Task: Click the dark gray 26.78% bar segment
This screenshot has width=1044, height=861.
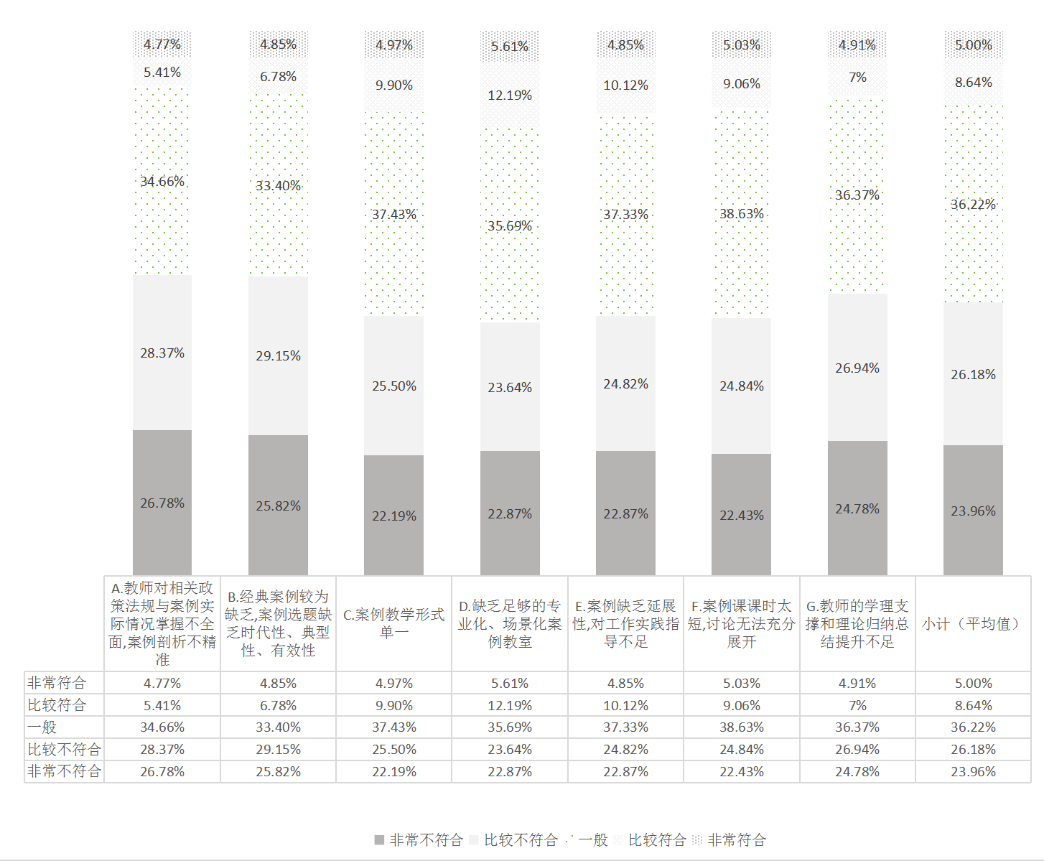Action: pyautogui.click(x=162, y=503)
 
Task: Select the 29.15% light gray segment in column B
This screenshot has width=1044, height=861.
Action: pyautogui.click(x=278, y=355)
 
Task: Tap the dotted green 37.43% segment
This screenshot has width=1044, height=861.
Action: pyautogui.click(x=393, y=214)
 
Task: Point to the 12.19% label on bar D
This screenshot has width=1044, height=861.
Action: pyautogui.click(x=510, y=95)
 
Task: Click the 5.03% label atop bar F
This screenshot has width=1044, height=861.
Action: pyautogui.click(x=741, y=45)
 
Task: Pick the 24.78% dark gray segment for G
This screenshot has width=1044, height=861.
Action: pyautogui.click(x=857, y=508)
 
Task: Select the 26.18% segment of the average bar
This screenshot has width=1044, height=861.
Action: pyautogui.click(x=973, y=374)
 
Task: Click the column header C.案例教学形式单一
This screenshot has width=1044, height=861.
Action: pyautogui.click(x=393, y=623)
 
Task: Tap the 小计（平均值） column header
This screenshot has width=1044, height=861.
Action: pyautogui.click(x=973, y=623)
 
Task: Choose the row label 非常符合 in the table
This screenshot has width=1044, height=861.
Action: pyautogui.click(x=57, y=682)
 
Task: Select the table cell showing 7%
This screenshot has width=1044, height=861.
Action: pyautogui.click(x=857, y=705)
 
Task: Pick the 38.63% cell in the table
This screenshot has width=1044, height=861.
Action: pyautogui.click(x=742, y=727)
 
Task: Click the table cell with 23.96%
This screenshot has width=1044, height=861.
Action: pyautogui.click(x=973, y=771)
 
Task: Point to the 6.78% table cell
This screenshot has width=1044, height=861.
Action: pyautogui.click(x=278, y=705)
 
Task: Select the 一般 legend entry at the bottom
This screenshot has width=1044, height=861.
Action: pyautogui.click(x=587, y=839)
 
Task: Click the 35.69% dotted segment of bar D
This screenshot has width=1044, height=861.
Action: pyautogui.click(x=510, y=225)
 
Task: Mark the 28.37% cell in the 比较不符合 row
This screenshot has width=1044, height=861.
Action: pyautogui.click(x=162, y=749)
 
